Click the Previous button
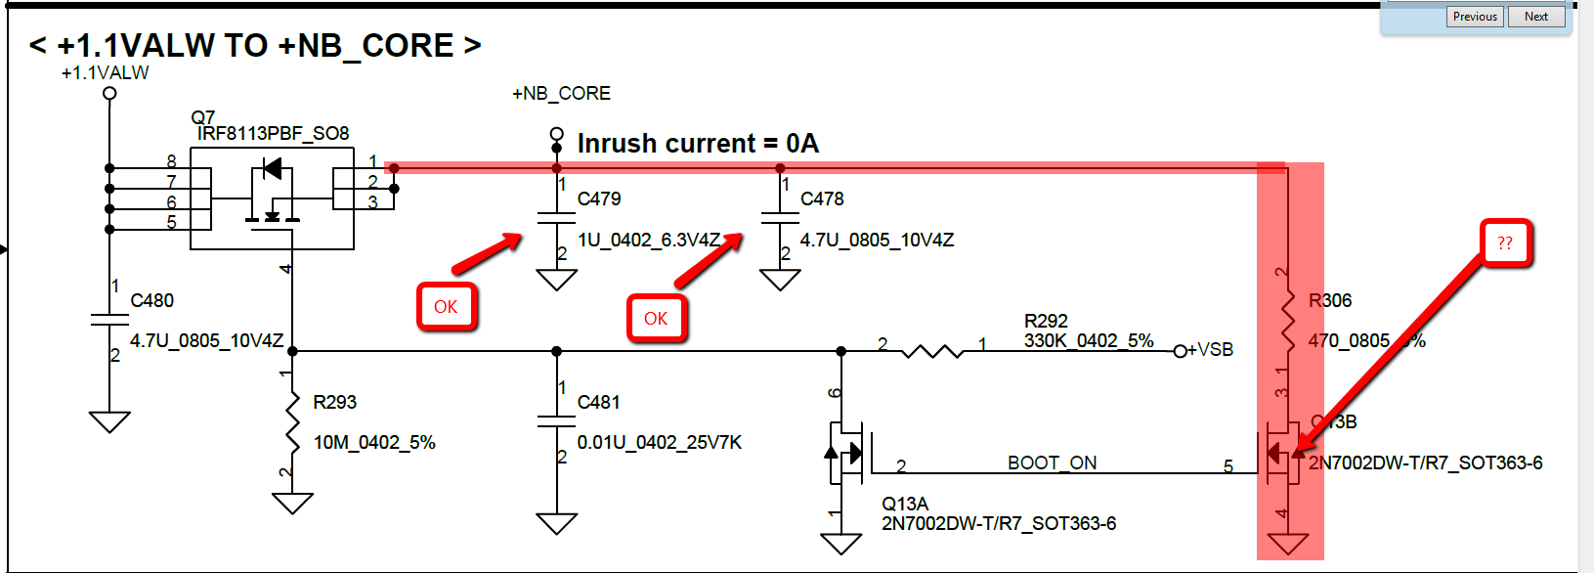[x=1475, y=17]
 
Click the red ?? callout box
[x=1505, y=243]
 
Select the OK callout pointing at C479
[x=446, y=307]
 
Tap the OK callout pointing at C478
[x=656, y=319]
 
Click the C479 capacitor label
[x=599, y=198]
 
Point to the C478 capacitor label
[x=822, y=198]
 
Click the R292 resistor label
[x=1046, y=321]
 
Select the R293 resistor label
[x=334, y=402]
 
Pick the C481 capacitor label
[x=598, y=402]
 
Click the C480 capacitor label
[x=152, y=300]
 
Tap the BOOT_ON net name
[x=1052, y=463]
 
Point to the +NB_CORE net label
[x=561, y=94]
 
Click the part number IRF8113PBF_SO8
[x=273, y=133]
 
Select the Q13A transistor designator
[x=904, y=504]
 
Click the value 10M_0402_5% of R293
[x=374, y=442]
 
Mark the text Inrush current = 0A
[x=698, y=144]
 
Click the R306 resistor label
[x=1330, y=300]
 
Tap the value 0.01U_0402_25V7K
[x=659, y=442]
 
